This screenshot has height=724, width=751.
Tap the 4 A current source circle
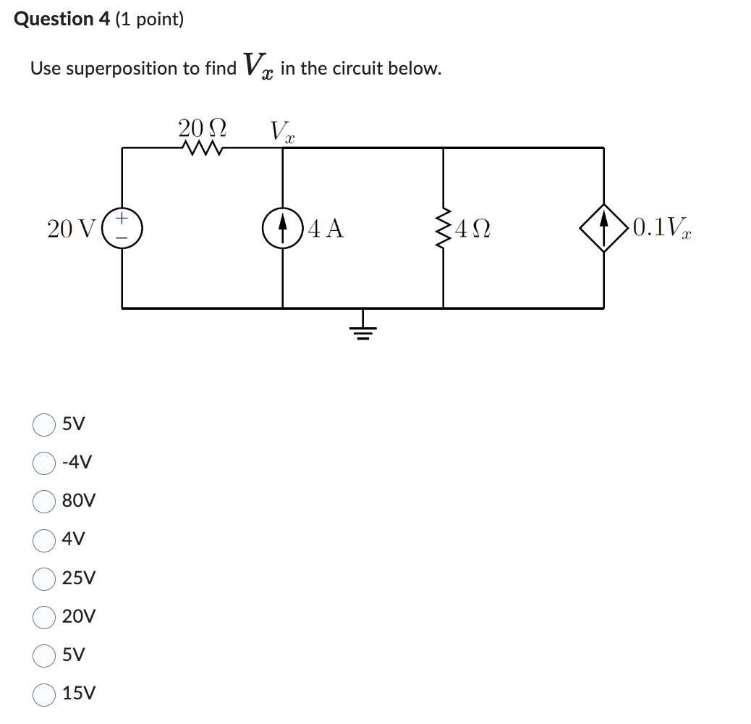[282, 227]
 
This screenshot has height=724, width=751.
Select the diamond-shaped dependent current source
[603, 227]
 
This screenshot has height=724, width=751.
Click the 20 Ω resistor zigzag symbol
[202, 148]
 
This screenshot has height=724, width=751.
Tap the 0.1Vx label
[661, 228]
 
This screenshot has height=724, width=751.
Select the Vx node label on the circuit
[282, 131]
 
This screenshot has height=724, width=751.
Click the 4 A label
[326, 228]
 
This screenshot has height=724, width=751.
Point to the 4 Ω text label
[474, 229]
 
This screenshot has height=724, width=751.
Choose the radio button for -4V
[44, 463]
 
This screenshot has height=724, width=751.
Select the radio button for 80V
[44, 501]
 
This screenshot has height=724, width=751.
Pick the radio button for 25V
[44, 578]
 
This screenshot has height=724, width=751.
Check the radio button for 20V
[44, 617]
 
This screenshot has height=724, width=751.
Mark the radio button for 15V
[44, 694]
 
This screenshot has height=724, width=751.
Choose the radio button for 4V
[44, 539]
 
